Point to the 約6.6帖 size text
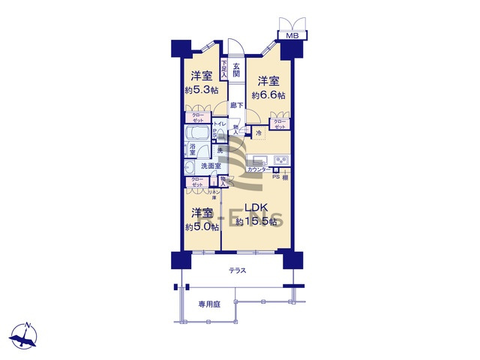(x=268, y=95)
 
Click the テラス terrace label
(x=238, y=270)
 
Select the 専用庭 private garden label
(x=209, y=304)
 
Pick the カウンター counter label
(x=259, y=169)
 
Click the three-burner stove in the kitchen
(x=282, y=160)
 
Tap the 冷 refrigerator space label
(x=259, y=133)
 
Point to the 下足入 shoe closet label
(x=224, y=70)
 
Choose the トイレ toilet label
(x=220, y=124)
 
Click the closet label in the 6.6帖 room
(x=279, y=124)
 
